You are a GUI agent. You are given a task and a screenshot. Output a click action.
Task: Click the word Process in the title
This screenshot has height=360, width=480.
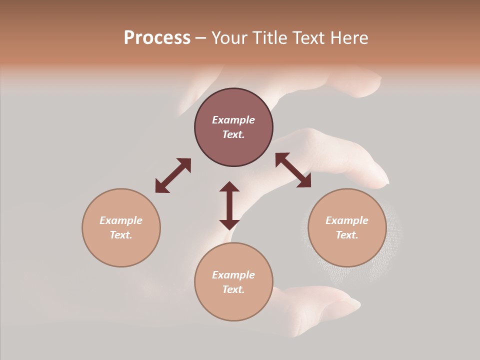(x=157, y=38)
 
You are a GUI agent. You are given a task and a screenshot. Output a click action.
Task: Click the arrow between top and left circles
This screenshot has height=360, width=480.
(x=173, y=175)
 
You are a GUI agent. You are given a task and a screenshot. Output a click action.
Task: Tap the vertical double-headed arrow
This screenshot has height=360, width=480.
(x=229, y=205)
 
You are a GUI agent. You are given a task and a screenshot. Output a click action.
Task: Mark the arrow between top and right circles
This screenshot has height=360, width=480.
(x=293, y=170)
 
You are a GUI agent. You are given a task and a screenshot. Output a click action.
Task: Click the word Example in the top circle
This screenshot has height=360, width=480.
(x=233, y=120)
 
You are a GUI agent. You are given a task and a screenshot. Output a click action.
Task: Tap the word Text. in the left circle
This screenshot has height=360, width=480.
(x=121, y=235)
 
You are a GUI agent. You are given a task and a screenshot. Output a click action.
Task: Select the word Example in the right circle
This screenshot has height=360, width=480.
(x=347, y=220)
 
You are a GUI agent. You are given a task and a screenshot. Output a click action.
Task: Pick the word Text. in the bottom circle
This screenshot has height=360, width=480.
(x=233, y=289)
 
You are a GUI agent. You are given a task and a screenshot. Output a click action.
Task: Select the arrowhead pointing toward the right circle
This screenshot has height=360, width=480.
(x=304, y=181)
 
